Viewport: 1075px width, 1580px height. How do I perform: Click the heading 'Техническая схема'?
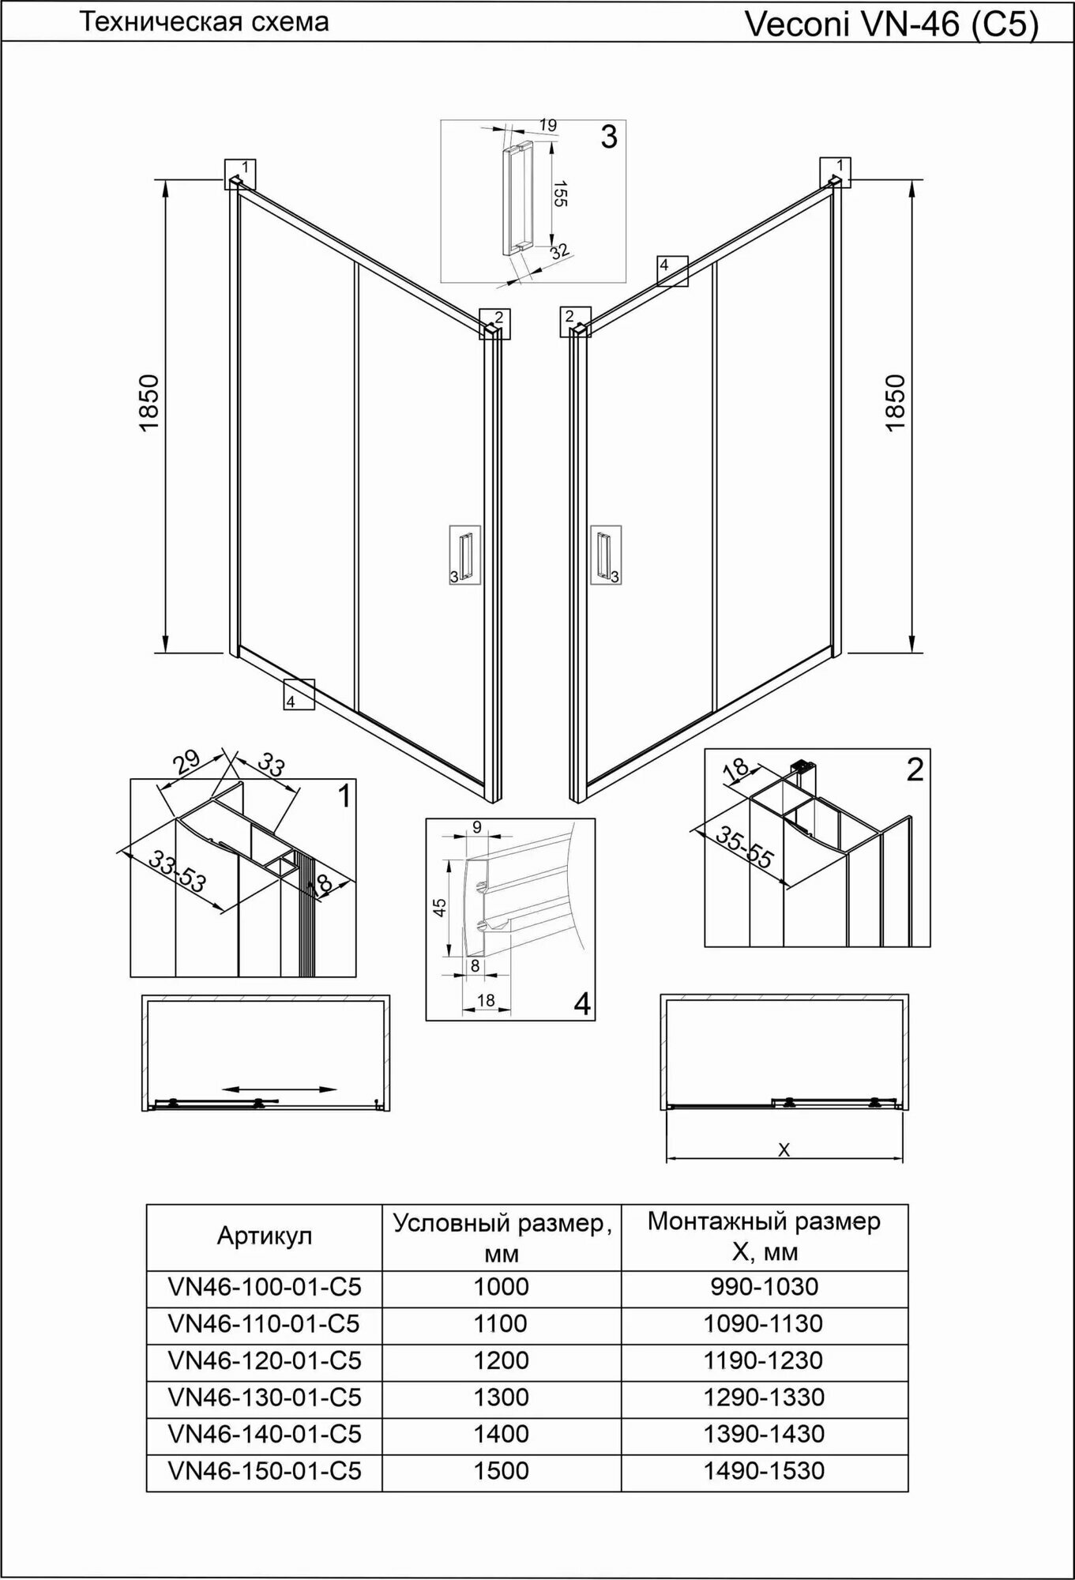205,22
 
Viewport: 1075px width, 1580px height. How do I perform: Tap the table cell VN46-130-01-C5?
265,1397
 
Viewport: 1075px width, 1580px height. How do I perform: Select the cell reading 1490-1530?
764,1470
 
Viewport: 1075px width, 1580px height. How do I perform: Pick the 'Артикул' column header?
265,1236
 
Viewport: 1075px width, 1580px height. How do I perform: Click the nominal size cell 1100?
501,1322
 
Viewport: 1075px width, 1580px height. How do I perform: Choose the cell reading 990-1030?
764,1286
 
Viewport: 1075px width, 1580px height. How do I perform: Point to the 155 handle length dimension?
558,194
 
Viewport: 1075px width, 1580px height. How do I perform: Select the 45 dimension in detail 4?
440,906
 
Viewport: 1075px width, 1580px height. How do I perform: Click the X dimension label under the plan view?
784,1151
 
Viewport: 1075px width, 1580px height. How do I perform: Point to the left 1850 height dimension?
150,403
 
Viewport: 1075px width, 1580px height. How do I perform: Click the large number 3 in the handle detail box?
608,137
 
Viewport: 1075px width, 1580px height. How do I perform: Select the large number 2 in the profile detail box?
915,769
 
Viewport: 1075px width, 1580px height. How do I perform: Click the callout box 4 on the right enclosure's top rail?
672,270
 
